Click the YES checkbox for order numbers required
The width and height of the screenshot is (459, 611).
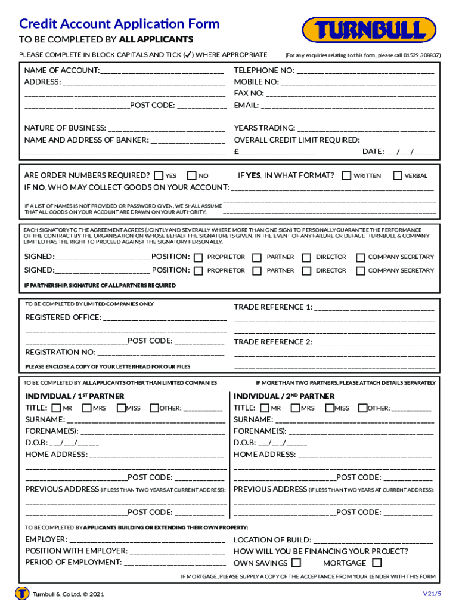[x=158, y=176]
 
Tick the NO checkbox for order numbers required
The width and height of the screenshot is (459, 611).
[x=191, y=176]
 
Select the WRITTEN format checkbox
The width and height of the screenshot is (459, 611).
[x=346, y=176]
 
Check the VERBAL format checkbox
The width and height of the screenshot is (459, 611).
[x=398, y=176]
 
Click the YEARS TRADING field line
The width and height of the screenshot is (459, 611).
[x=366, y=129]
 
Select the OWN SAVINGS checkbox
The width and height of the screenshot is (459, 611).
[x=296, y=563]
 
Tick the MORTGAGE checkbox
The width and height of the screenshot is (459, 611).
[x=376, y=563]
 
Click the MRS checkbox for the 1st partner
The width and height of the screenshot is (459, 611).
[x=87, y=408]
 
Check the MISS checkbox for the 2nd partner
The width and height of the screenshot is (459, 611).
[x=329, y=408]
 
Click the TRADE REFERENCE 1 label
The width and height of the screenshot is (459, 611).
[x=273, y=307]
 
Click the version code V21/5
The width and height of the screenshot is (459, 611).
[x=432, y=593]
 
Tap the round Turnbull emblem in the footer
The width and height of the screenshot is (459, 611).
[x=23, y=594]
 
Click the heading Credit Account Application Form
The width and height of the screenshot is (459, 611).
[x=119, y=24]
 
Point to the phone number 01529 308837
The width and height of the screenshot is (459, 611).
[x=421, y=55]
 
